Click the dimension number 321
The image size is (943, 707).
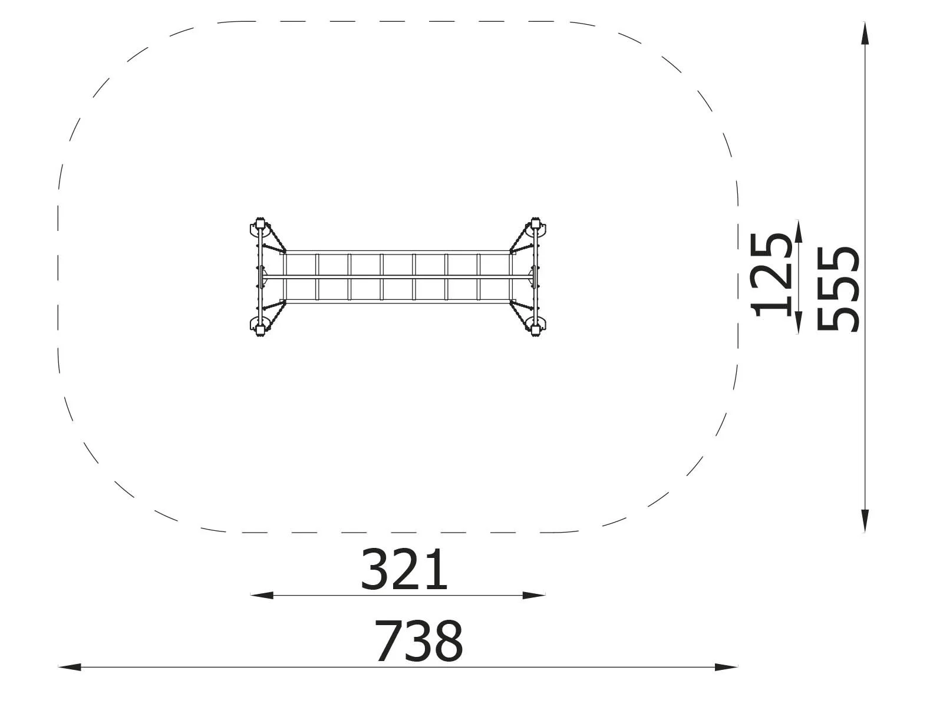tap(404, 570)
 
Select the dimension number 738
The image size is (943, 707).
tap(418, 641)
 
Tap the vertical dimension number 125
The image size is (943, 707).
tap(771, 275)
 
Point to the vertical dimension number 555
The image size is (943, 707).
tap(838, 289)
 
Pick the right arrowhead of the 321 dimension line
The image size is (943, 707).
tap(534, 595)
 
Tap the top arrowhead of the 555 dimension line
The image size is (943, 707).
tap(865, 33)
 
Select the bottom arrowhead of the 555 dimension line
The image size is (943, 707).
tap(865, 521)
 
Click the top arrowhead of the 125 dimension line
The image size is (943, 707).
tap(798, 232)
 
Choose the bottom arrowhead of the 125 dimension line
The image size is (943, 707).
tap(798, 323)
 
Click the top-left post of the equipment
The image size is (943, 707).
tap(259, 224)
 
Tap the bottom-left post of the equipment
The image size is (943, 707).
tap(259, 329)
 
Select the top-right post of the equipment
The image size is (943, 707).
tap(536, 224)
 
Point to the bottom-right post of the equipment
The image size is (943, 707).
tap(536, 329)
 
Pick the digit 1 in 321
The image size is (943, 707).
tap(437, 570)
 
